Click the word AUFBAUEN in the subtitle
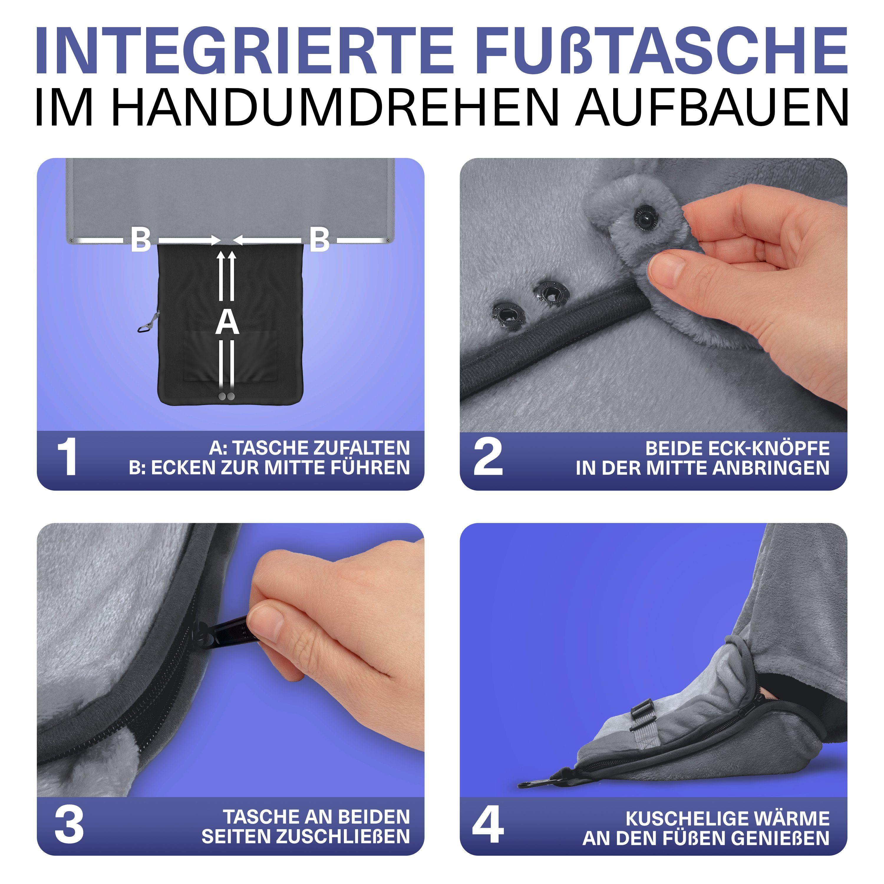712,108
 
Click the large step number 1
67,457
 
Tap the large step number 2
488,457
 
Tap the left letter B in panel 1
141,240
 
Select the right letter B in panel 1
319,240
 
